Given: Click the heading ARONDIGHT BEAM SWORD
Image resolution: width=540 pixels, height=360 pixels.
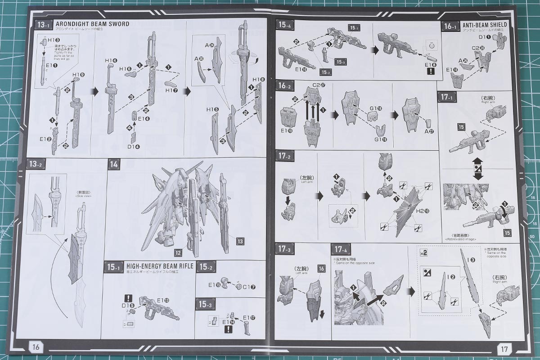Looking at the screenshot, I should [x=92, y=24].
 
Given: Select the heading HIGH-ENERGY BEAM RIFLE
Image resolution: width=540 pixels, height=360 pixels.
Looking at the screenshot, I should [x=160, y=266].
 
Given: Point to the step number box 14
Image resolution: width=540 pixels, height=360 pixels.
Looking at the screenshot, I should [x=113, y=164].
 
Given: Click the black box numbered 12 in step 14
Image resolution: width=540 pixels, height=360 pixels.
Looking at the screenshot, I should [x=178, y=252].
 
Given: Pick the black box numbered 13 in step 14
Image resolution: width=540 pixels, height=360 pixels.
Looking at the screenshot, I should [x=239, y=242].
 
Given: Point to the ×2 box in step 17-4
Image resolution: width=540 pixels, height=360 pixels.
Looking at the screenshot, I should [x=423, y=252].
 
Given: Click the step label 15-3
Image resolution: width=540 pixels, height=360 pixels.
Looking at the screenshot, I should [x=204, y=305].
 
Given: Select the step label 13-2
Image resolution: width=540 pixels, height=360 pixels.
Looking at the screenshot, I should [x=35, y=164].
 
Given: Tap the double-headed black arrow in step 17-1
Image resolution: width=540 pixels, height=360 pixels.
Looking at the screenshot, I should [x=478, y=168].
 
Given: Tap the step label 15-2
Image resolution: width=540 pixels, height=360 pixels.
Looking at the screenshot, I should [x=206, y=267].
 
